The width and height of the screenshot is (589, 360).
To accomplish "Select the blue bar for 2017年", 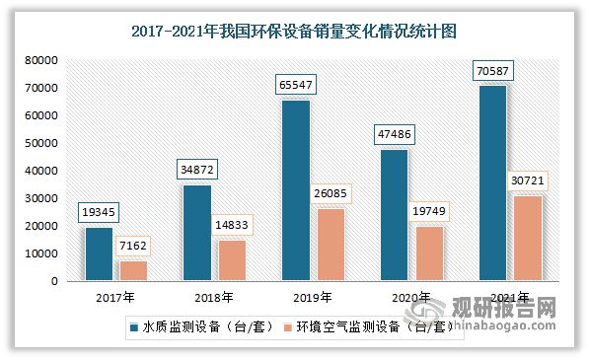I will (98, 254).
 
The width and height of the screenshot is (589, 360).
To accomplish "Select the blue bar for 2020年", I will (394, 215).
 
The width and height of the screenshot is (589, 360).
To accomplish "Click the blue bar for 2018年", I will (196, 233).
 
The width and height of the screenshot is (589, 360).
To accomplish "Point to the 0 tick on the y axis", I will (57, 281).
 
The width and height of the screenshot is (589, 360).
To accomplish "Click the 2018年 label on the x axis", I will (214, 297).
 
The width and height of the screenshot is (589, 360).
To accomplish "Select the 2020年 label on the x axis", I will (411, 297).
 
